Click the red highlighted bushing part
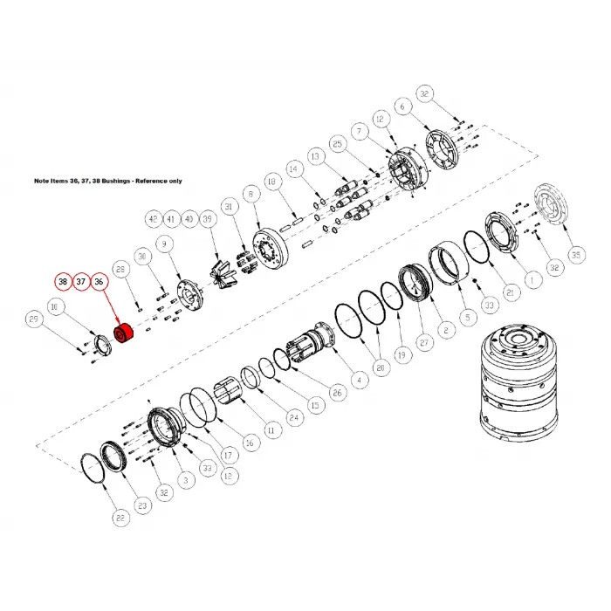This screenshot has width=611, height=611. click(121, 335)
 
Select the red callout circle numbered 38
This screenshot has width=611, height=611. click(63, 282)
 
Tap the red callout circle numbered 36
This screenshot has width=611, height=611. click(100, 282)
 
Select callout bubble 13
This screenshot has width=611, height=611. click(315, 154)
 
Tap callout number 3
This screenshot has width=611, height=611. click(184, 479)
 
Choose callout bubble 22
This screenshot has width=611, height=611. click(119, 517)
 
